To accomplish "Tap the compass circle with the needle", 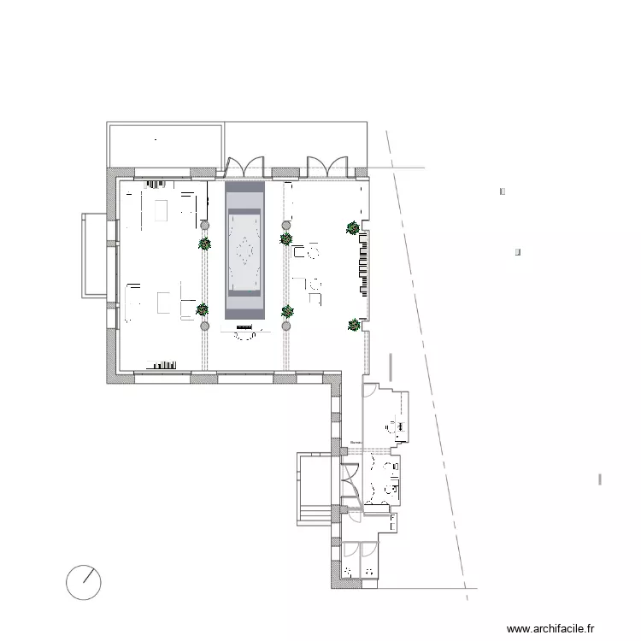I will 84,582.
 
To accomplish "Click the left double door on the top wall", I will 244,165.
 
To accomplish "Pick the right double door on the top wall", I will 327,165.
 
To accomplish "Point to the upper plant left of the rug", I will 204,244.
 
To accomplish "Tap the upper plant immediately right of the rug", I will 285,239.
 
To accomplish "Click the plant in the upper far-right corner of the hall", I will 352,227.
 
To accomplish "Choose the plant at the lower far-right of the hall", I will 354,324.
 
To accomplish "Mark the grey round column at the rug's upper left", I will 204,226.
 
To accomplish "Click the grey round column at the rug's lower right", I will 286,326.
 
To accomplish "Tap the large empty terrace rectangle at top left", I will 165,145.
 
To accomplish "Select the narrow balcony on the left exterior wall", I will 94,256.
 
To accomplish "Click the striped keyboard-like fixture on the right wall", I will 366,264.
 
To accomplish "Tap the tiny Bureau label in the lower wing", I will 356,443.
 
